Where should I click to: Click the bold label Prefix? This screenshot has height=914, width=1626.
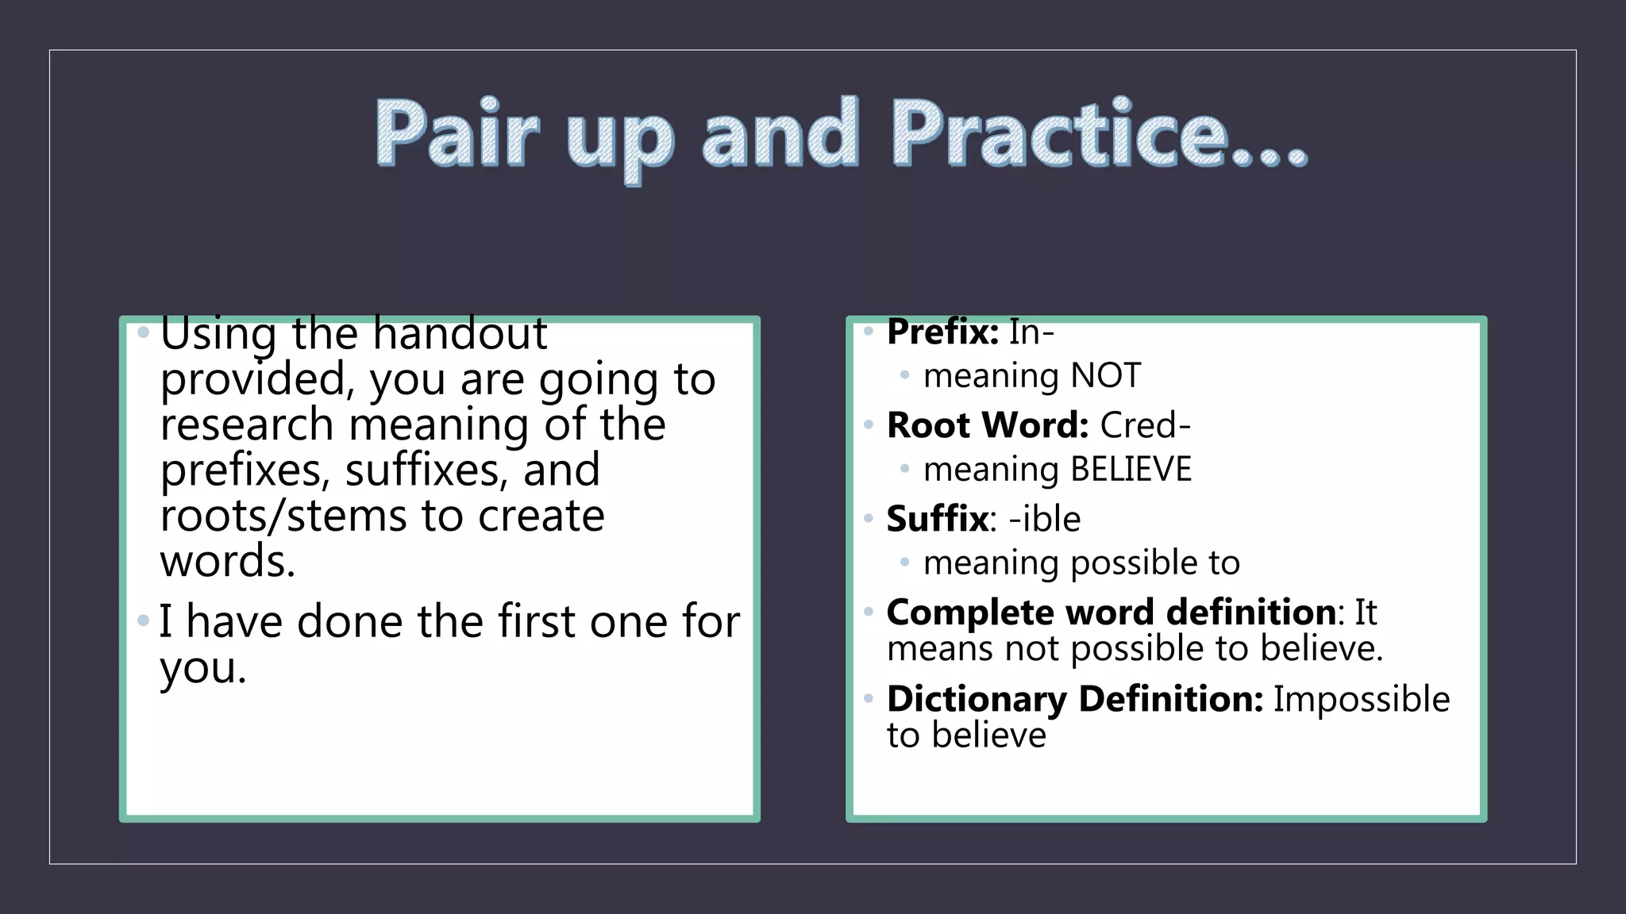click(942, 332)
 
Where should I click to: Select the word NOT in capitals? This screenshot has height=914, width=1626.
click(1106, 376)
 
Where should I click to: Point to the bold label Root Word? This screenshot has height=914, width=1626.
click(987, 425)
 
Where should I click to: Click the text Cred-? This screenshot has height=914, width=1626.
click(1146, 425)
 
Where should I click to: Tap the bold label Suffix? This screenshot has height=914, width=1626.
click(938, 519)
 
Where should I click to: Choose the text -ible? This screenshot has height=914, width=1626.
click(1045, 519)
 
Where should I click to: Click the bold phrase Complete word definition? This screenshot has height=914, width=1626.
click(1111, 613)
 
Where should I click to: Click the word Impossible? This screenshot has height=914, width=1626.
click(1362, 699)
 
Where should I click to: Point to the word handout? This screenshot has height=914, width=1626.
click(460, 333)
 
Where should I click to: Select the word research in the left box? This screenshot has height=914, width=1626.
click(247, 424)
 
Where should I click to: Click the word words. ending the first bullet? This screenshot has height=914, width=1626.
click(228, 562)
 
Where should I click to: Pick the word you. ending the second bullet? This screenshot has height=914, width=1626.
click(203, 668)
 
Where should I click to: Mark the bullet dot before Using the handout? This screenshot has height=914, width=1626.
click(144, 332)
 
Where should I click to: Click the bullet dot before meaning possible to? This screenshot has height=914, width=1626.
click(904, 563)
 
